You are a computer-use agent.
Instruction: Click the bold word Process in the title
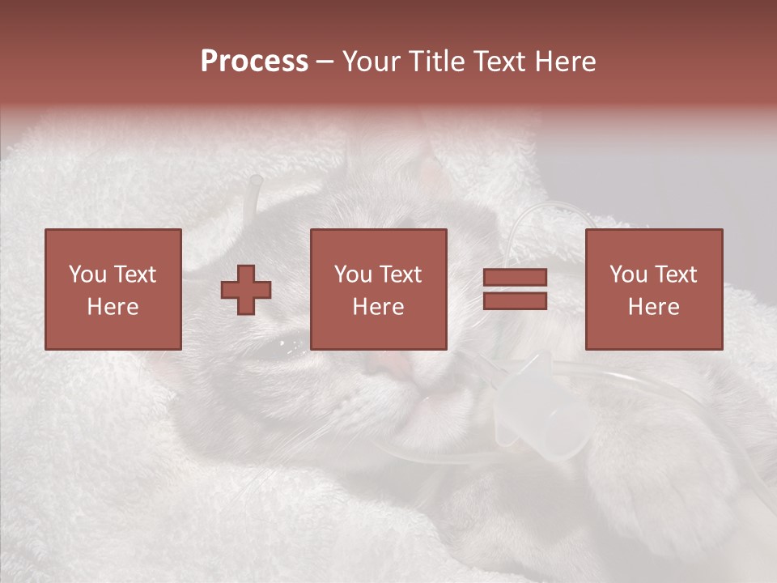tap(254, 62)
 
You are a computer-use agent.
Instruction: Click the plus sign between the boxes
tap(246, 289)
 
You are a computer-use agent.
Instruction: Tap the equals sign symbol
tap(515, 289)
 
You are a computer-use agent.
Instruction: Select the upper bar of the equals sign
tap(515, 278)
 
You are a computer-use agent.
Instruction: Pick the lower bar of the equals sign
tap(515, 300)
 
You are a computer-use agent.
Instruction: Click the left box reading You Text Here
tap(113, 289)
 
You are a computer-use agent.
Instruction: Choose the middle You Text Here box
tap(378, 289)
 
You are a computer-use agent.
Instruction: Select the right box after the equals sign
tap(653, 289)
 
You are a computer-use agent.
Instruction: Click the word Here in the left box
tap(113, 306)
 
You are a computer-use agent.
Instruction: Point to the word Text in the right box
tap(675, 274)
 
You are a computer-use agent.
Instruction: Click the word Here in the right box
tap(653, 306)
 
